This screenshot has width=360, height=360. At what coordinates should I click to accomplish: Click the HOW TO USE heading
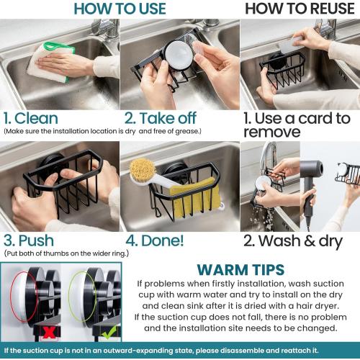[120, 9]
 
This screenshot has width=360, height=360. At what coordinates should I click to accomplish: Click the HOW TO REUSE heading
[299, 9]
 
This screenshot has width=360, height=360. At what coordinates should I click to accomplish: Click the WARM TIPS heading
[240, 270]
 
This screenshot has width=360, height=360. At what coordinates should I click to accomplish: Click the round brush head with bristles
[140, 171]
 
